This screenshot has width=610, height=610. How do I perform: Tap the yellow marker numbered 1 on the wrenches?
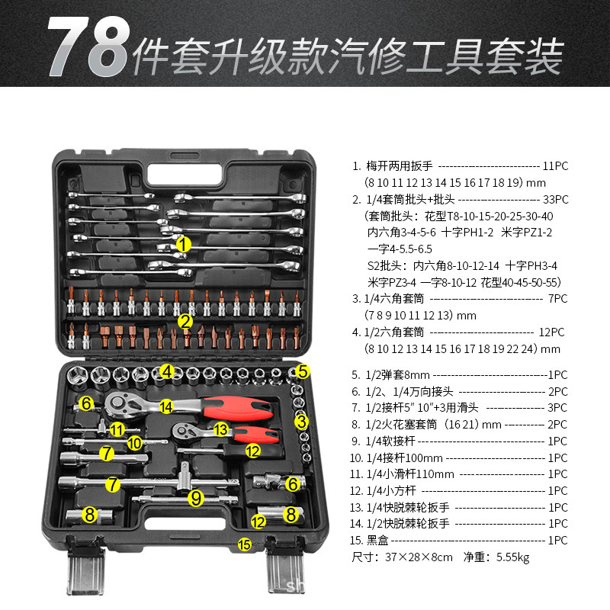[x=184, y=244]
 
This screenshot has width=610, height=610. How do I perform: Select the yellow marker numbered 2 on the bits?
[x=185, y=321]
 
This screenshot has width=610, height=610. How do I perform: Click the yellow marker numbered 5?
[x=302, y=371]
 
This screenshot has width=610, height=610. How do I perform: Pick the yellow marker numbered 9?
[x=197, y=498]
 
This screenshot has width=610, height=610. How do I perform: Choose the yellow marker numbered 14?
[x=166, y=407]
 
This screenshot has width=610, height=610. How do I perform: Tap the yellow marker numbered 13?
[x=220, y=430]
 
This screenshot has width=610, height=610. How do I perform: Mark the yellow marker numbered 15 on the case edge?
[x=244, y=544]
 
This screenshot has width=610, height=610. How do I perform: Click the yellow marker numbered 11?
[x=116, y=429]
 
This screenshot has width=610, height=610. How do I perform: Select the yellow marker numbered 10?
[x=134, y=441]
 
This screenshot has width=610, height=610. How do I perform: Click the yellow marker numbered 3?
[x=302, y=420]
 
